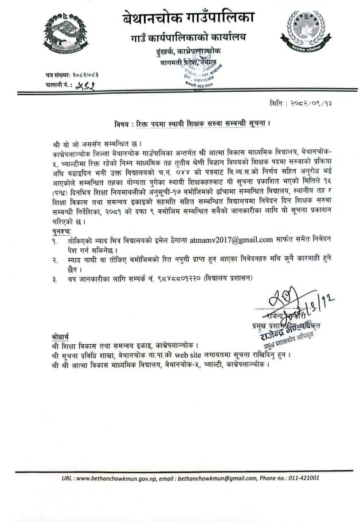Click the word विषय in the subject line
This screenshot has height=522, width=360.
(x=122, y=124)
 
